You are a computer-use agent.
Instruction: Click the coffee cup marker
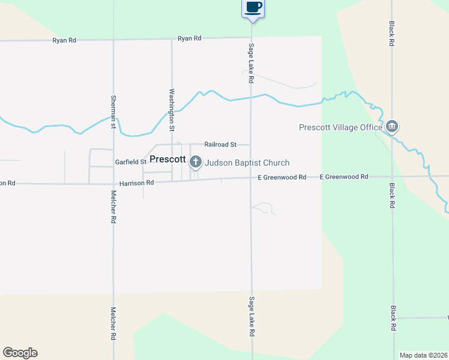[253, 8]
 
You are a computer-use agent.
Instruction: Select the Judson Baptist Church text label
[247, 163]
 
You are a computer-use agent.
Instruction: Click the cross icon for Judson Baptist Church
[195, 161]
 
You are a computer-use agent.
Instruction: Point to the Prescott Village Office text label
[341, 127]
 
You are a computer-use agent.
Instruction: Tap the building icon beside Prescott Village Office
[392, 127]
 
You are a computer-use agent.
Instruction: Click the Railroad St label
[220, 145]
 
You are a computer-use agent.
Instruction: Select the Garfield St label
[130, 162]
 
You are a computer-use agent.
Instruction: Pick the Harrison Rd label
[136, 182]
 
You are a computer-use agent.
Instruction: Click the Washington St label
[172, 110]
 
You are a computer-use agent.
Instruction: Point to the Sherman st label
[113, 112]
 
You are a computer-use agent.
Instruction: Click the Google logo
[20, 352]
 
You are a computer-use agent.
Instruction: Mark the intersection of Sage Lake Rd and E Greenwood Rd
[251, 178]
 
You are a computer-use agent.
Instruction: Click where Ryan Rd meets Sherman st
[113, 40]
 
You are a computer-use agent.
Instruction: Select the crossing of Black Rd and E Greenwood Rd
[393, 176]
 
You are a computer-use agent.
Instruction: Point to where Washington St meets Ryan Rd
[172, 39]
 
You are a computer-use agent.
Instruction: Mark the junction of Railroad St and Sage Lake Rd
[251, 145]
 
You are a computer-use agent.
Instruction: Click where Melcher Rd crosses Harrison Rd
[113, 184]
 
